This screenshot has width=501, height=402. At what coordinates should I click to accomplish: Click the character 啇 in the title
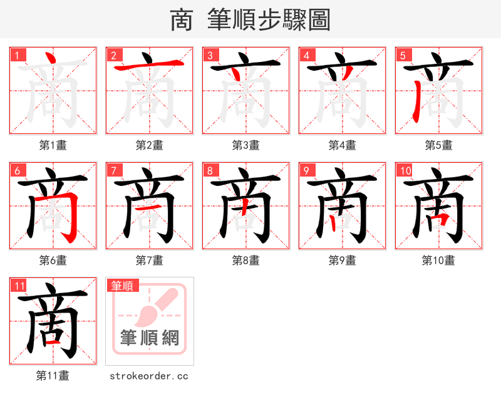pyautogui.click(x=181, y=20)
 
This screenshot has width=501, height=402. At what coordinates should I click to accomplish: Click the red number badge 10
pyautogui.click(x=405, y=170)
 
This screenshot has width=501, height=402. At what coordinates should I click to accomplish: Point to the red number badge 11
pyautogui.click(x=19, y=286)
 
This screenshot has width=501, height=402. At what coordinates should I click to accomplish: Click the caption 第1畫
pyautogui.click(x=53, y=145)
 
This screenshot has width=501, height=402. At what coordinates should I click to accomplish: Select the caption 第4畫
pyautogui.click(x=342, y=145)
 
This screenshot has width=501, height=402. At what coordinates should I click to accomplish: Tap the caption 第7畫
pyautogui.click(x=149, y=260)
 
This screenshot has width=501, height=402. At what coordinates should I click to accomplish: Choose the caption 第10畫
pyautogui.click(x=438, y=260)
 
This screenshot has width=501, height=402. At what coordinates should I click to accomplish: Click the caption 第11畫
pyautogui.click(x=53, y=376)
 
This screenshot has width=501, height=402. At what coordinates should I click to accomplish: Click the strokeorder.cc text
pyautogui.click(x=149, y=376)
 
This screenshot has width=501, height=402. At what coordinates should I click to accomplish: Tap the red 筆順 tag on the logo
pyautogui.click(x=121, y=286)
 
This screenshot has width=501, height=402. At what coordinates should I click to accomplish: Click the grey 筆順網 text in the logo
pyautogui.click(x=150, y=338)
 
